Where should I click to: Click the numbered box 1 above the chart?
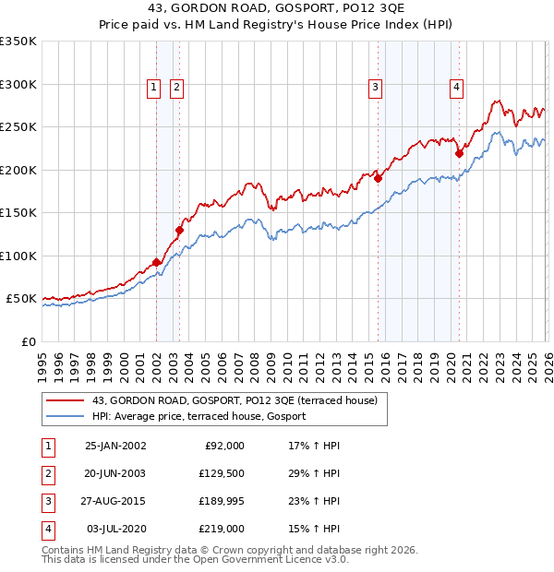[x=154, y=88]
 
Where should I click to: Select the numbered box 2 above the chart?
[x=176, y=88]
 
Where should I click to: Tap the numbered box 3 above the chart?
[x=376, y=88]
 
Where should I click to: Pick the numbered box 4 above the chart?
[x=456, y=88]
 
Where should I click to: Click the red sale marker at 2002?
[x=157, y=262]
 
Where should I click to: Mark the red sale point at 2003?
[x=179, y=230]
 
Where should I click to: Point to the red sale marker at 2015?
[x=378, y=178]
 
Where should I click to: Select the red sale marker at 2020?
[x=459, y=153]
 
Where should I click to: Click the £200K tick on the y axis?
[x=18, y=170]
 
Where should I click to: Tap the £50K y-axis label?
[x=21, y=299]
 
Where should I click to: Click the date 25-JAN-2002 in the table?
[x=114, y=446]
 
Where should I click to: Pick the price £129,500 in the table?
[x=222, y=472]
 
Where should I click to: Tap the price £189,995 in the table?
[x=222, y=501]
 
